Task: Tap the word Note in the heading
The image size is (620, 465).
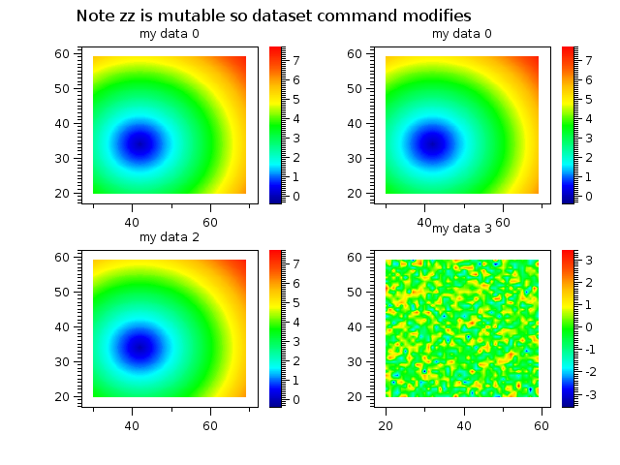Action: pos(95,16)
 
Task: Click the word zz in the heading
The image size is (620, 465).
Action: pos(129,16)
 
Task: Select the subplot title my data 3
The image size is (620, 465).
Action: pos(462,229)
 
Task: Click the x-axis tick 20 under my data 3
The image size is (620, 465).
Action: pos(387,424)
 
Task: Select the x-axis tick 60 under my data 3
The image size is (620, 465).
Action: pos(542,424)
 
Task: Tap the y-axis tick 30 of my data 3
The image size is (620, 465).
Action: pos(356,361)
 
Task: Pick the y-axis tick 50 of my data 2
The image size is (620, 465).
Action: pos(62,292)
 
